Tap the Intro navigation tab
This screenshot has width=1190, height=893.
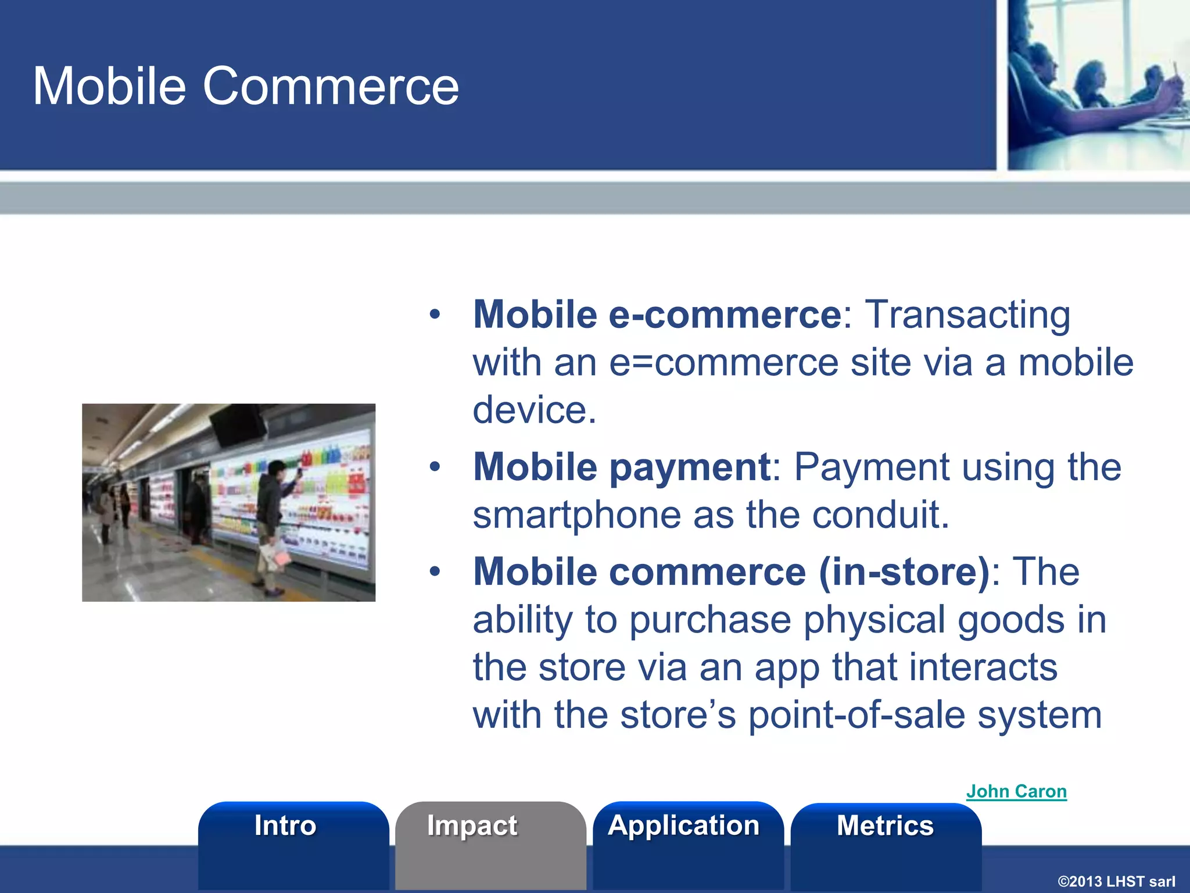point(285,826)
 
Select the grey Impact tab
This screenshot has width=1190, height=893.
point(472,826)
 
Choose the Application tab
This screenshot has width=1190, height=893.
point(683,826)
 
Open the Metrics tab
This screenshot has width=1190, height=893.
point(885,826)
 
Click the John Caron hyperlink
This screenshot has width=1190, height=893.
point(1016,791)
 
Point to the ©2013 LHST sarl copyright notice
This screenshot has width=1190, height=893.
point(1116,881)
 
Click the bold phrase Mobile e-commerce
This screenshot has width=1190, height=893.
point(657,315)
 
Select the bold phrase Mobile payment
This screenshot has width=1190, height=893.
point(622,467)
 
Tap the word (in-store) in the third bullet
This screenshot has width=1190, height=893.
point(904,571)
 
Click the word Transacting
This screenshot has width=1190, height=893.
point(967,315)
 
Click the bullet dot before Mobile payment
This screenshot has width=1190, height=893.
point(435,467)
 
